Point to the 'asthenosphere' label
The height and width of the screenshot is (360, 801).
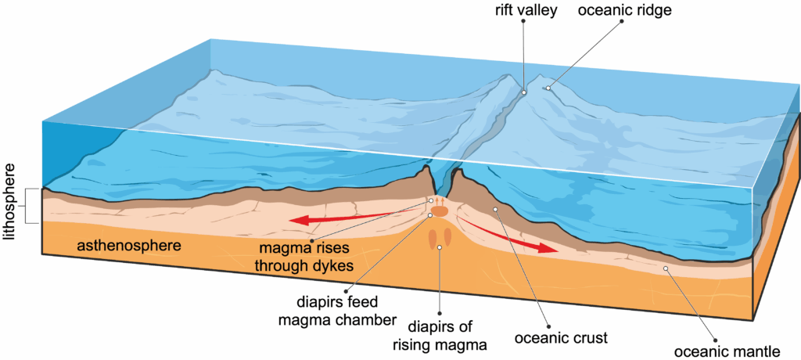[129, 246]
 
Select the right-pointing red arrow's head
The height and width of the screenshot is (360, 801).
[547, 247]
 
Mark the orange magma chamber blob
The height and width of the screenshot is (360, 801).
[439, 211]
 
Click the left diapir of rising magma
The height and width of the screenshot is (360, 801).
[432, 238]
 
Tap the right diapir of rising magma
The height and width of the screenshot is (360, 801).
[448, 237]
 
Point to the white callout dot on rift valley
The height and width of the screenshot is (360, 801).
[524, 92]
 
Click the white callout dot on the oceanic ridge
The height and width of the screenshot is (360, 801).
[548, 88]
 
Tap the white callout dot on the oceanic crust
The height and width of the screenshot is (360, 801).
[494, 209]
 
